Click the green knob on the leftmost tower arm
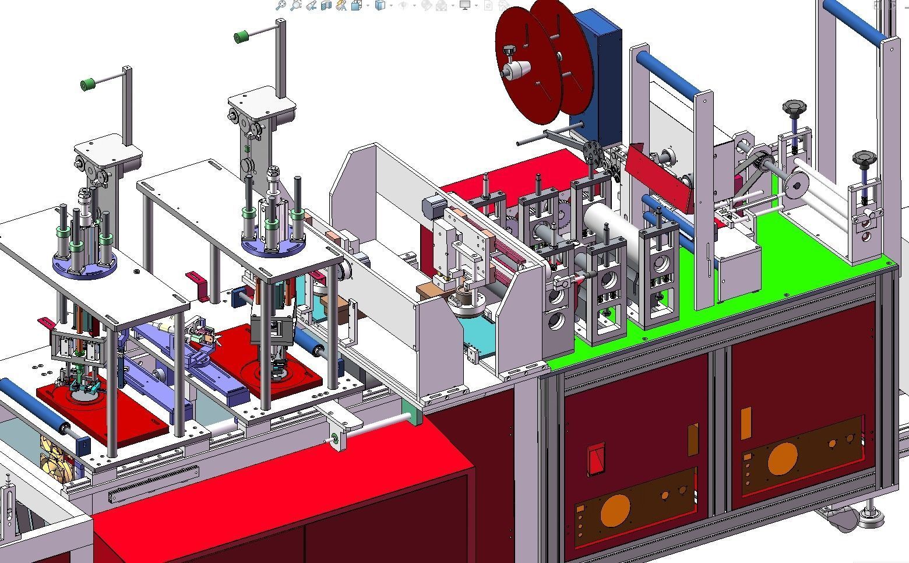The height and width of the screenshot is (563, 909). pyautogui.click(x=88, y=85)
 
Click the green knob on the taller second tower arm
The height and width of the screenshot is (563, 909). pyautogui.click(x=241, y=37)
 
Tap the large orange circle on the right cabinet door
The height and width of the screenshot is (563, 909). pyautogui.click(x=783, y=459)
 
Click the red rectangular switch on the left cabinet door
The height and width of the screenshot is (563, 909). pyautogui.click(x=596, y=459)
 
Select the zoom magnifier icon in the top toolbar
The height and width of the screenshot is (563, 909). pyautogui.click(x=281, y=5)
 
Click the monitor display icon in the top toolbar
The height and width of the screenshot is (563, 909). pyautogui.click(x=464, y=5)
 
